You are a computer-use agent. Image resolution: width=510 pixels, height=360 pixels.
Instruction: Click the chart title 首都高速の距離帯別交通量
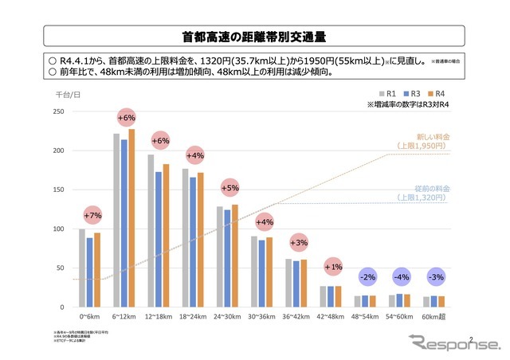tap(253, 37)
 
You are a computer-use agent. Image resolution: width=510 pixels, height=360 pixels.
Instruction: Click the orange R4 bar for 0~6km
tap(97, 270)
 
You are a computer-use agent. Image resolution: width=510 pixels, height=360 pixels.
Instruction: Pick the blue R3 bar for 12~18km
tap(159, 239)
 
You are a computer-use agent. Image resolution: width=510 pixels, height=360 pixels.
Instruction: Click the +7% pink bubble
tap(92, 216)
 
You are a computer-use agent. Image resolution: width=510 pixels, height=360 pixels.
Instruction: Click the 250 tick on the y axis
tap(58, 112)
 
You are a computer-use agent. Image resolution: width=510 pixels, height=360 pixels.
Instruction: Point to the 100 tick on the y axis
tap(58, 229)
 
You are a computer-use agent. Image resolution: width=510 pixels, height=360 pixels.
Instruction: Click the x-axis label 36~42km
tap(297, 316)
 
